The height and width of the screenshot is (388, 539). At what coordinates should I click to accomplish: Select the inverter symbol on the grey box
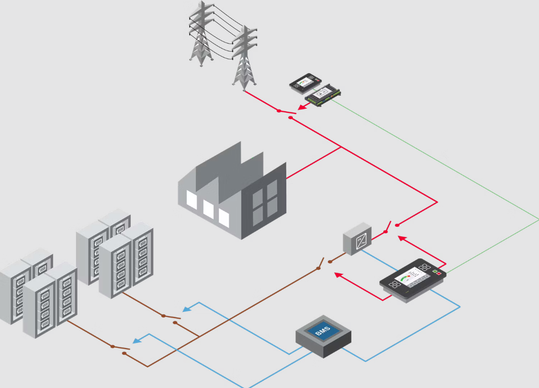click(x=361, y=242)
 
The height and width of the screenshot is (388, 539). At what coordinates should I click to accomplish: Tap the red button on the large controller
click(x=439, y=273)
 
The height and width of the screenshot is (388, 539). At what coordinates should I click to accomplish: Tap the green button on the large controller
click(x=435, y=271)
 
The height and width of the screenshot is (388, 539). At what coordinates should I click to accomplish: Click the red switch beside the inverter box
click(x=391, y=228)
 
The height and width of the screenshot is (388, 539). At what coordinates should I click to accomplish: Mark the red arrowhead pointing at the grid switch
click(x=301, y=107)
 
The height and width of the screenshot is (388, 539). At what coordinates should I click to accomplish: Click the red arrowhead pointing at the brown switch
click(x=338, y=274)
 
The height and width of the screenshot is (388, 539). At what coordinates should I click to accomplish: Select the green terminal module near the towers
click(x=324, y=94)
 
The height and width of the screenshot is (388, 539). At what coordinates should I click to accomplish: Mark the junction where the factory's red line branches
click(x=341, y=148)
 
